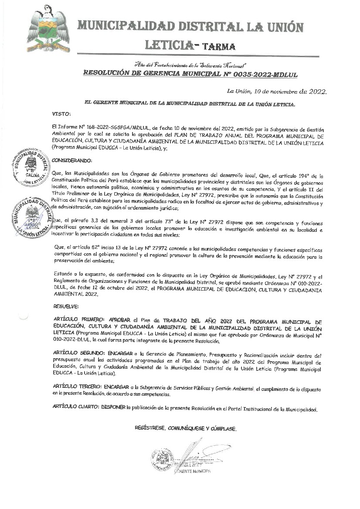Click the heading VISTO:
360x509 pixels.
tap(61, 114)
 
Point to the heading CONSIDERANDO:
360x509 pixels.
tap(72, 160)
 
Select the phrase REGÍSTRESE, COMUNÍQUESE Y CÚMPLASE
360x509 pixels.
tap(186, 429)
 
